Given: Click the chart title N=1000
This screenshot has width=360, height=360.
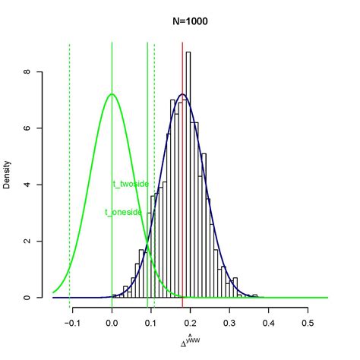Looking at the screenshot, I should (x=189, y=21).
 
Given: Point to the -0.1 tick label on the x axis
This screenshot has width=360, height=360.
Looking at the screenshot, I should (x=72, y=322).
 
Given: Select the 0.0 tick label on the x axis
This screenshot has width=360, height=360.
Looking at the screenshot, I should (x=112, y=322).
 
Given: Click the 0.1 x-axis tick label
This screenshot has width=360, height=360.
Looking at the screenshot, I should (x=151, y=322).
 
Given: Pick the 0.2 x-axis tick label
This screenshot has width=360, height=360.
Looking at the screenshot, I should (x=190, y=322).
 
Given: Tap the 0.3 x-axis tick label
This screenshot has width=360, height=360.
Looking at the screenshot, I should (x=229, y=322).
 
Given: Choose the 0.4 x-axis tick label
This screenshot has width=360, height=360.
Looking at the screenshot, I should (x=268, y=322).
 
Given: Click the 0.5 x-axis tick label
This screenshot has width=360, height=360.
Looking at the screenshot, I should (x=307, y=322).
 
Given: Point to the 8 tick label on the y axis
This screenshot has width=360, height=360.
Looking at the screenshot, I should (x=27, y=72).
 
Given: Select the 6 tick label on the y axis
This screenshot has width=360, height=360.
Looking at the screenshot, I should (x=27, y=128).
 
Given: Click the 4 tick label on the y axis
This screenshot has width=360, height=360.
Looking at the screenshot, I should (x=27, y=185).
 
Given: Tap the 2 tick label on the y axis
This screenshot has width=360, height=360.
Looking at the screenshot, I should (x=27, y=241).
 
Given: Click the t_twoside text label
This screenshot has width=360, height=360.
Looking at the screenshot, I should (x=130, y=184).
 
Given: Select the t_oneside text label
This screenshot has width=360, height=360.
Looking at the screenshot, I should (x=123, y=213).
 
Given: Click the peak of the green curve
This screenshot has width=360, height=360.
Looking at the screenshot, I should (x=112, y=94).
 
